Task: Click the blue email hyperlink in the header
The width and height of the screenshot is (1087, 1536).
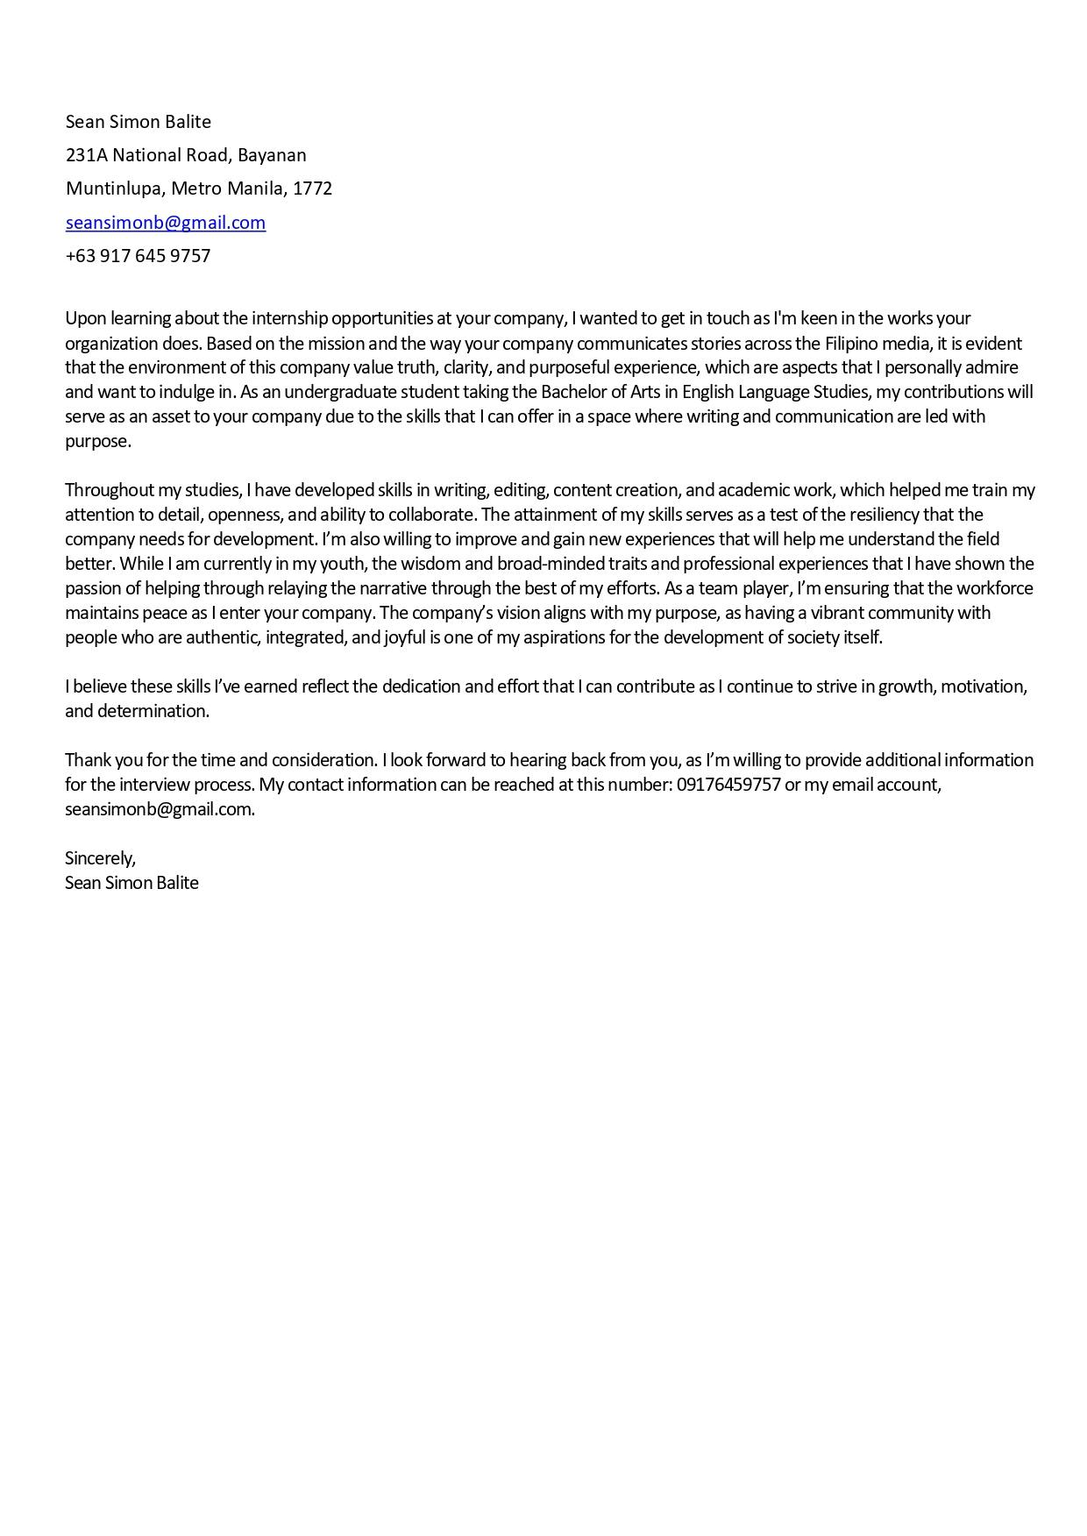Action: (x=166, y=223)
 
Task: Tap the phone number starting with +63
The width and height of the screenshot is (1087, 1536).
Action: (x=138, y=256)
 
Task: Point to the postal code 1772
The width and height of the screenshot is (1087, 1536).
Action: (x=312, y=188)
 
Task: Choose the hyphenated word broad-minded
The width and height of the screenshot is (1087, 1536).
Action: (x=547, y=564)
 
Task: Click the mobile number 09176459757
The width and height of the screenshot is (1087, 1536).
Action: (x=728, y=785)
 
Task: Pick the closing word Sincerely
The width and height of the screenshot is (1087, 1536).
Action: (x=100, y=858)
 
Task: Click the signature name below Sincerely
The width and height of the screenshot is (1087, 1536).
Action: (x=131, y=883)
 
